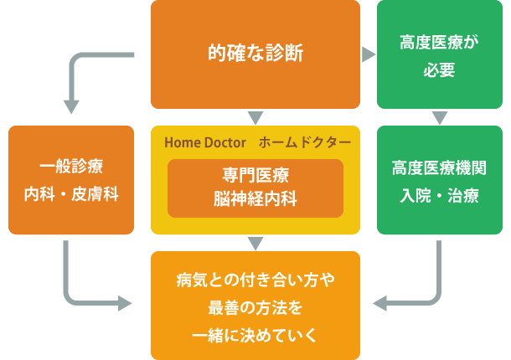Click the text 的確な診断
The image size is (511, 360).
(x=255, y=54)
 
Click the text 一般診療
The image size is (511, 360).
(x=71, y=166)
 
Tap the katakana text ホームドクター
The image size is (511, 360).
(x=305, y=141)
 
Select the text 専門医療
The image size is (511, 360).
(x=255, y=176)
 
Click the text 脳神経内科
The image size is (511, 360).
(x=255, y=199)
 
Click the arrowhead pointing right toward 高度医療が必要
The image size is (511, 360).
(x=368, y=54)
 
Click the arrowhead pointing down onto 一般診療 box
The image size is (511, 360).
(x=71, y=107)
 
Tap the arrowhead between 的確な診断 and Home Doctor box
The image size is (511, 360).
(x=255, y=118)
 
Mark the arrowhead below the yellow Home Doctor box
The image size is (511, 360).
(x=255, y=244)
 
